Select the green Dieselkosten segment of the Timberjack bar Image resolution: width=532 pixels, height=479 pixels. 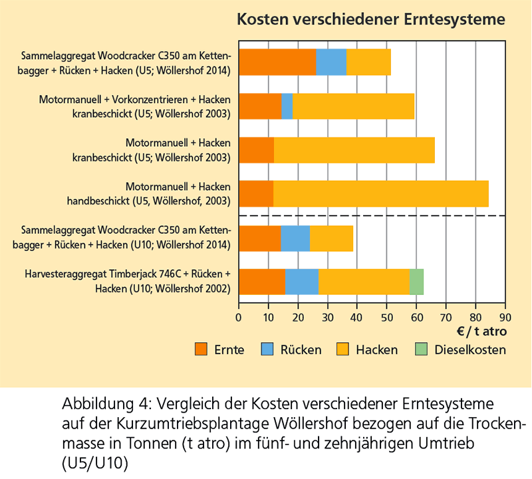[416, 281]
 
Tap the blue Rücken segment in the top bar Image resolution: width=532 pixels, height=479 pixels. [331, 62]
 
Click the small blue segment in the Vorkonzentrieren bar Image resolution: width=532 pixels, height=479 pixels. [287, 106]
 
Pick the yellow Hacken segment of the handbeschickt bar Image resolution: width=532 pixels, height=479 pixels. [380, 193]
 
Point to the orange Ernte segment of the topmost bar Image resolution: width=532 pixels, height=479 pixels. [277, 62]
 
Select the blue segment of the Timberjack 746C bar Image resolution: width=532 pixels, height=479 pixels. [302, 281]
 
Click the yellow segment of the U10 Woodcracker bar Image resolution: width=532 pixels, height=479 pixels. [331, 238]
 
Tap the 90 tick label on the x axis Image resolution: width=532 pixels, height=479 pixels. [505, 316]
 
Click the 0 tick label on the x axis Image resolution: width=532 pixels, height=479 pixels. [239, 316]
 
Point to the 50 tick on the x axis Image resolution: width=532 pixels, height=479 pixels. [386, 316]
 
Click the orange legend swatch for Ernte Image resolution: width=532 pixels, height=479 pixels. [201, 349]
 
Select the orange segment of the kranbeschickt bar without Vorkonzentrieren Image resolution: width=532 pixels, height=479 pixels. [256, 149]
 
